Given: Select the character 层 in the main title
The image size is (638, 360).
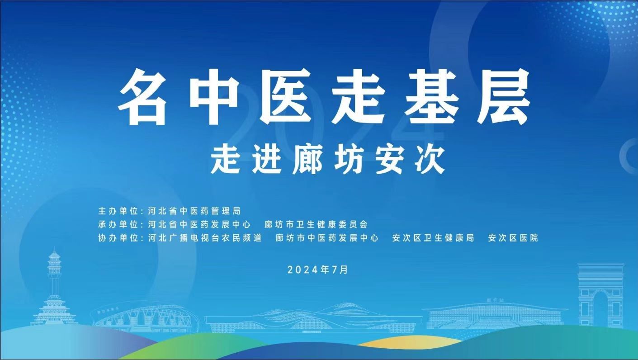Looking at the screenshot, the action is [503, 97].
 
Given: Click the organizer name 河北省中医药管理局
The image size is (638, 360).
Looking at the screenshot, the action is [194, 211].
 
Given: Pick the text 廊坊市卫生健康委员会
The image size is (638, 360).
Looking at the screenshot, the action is [316, 224].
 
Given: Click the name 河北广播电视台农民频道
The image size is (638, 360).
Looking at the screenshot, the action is [205, 238].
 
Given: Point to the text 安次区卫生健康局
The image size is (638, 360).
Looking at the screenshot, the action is [433, 238].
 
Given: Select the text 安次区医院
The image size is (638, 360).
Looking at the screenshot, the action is [513, 238].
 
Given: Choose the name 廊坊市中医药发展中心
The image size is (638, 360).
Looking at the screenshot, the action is [327, 238].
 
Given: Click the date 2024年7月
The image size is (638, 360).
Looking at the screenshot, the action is [318, 270].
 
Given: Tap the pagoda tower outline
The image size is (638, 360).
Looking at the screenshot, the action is [54, 288].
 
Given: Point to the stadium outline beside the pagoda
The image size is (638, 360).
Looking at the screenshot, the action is [145, 317].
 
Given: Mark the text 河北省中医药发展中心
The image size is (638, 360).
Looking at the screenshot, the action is [199, 224].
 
